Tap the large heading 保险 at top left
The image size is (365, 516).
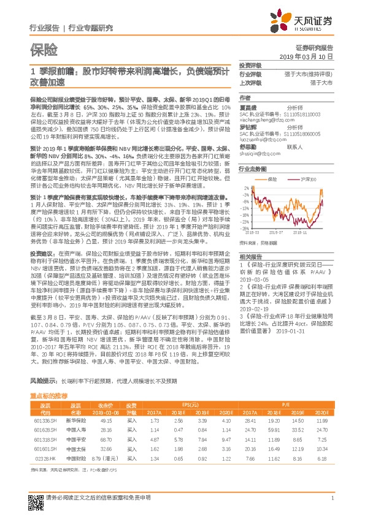pos(44,48)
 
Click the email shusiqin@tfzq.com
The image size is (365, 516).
pos(257,155)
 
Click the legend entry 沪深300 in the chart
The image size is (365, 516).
pos(304,179)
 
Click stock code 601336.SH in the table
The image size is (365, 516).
pos(44,420)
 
